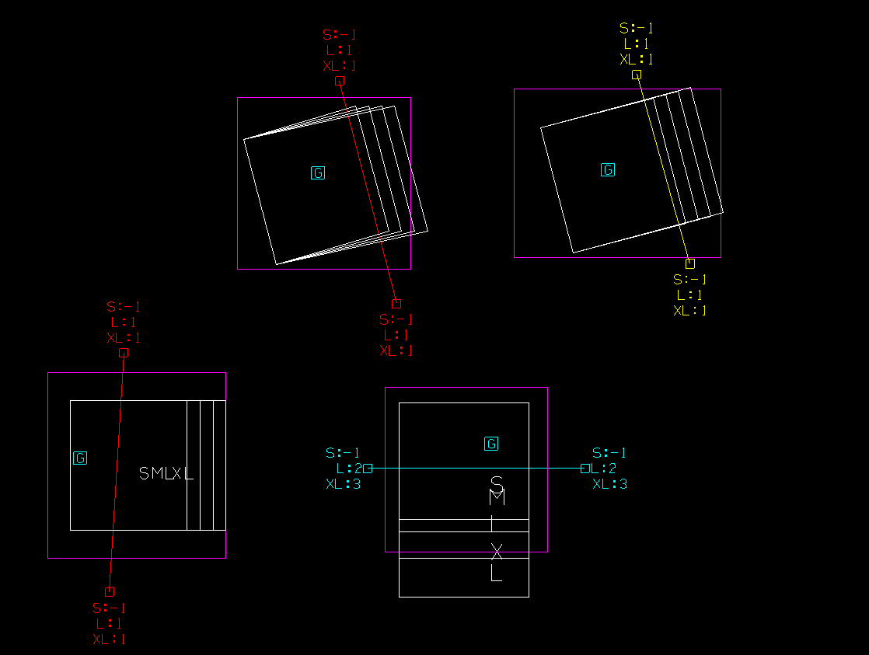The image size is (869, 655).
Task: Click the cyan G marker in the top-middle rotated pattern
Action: point(318,172)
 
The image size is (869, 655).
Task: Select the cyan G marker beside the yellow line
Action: point(608,169)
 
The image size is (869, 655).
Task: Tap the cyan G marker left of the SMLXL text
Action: point(80,458)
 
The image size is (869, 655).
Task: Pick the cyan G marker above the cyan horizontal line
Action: point(491,444)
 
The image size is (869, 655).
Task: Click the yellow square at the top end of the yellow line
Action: point(637,75)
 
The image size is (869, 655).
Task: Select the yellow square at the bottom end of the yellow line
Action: point(690,263)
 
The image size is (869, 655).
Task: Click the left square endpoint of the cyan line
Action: point(368,469)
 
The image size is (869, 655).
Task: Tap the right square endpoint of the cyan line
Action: point(585,469)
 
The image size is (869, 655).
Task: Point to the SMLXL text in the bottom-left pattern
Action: point(166,473)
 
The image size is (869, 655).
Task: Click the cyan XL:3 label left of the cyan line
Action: point(343,484)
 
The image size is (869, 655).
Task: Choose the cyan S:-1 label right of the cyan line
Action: point(609,453)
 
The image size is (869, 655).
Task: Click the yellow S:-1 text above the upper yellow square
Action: point(637,29)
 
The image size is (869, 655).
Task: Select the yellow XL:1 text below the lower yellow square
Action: point(690,311)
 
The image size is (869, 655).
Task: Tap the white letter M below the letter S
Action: point(497,497)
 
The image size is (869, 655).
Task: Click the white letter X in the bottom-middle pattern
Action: point(497,551)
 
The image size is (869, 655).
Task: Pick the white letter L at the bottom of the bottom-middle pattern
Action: point(496,574)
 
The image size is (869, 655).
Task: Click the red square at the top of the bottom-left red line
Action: point(124,353)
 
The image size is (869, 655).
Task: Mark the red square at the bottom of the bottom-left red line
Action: point(110,592)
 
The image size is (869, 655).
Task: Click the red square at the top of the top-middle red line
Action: point(340,81)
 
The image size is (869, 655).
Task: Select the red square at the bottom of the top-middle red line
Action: point(396,304)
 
